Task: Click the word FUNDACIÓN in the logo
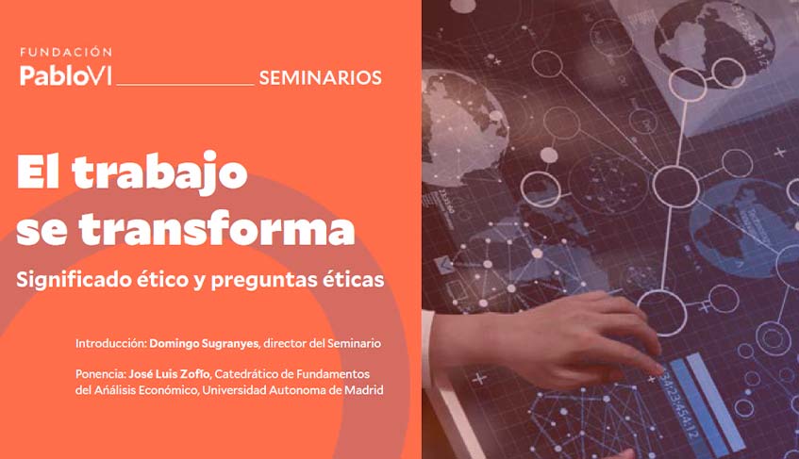coord(66,52)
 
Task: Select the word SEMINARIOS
coord(320,77)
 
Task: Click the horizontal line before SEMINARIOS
coord(185,84)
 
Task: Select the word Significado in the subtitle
coord(72,280)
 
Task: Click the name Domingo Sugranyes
coord(205,341)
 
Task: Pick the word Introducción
coord(110,341)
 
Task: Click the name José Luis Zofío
coord(172,374)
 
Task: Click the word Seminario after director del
coord(353,341)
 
